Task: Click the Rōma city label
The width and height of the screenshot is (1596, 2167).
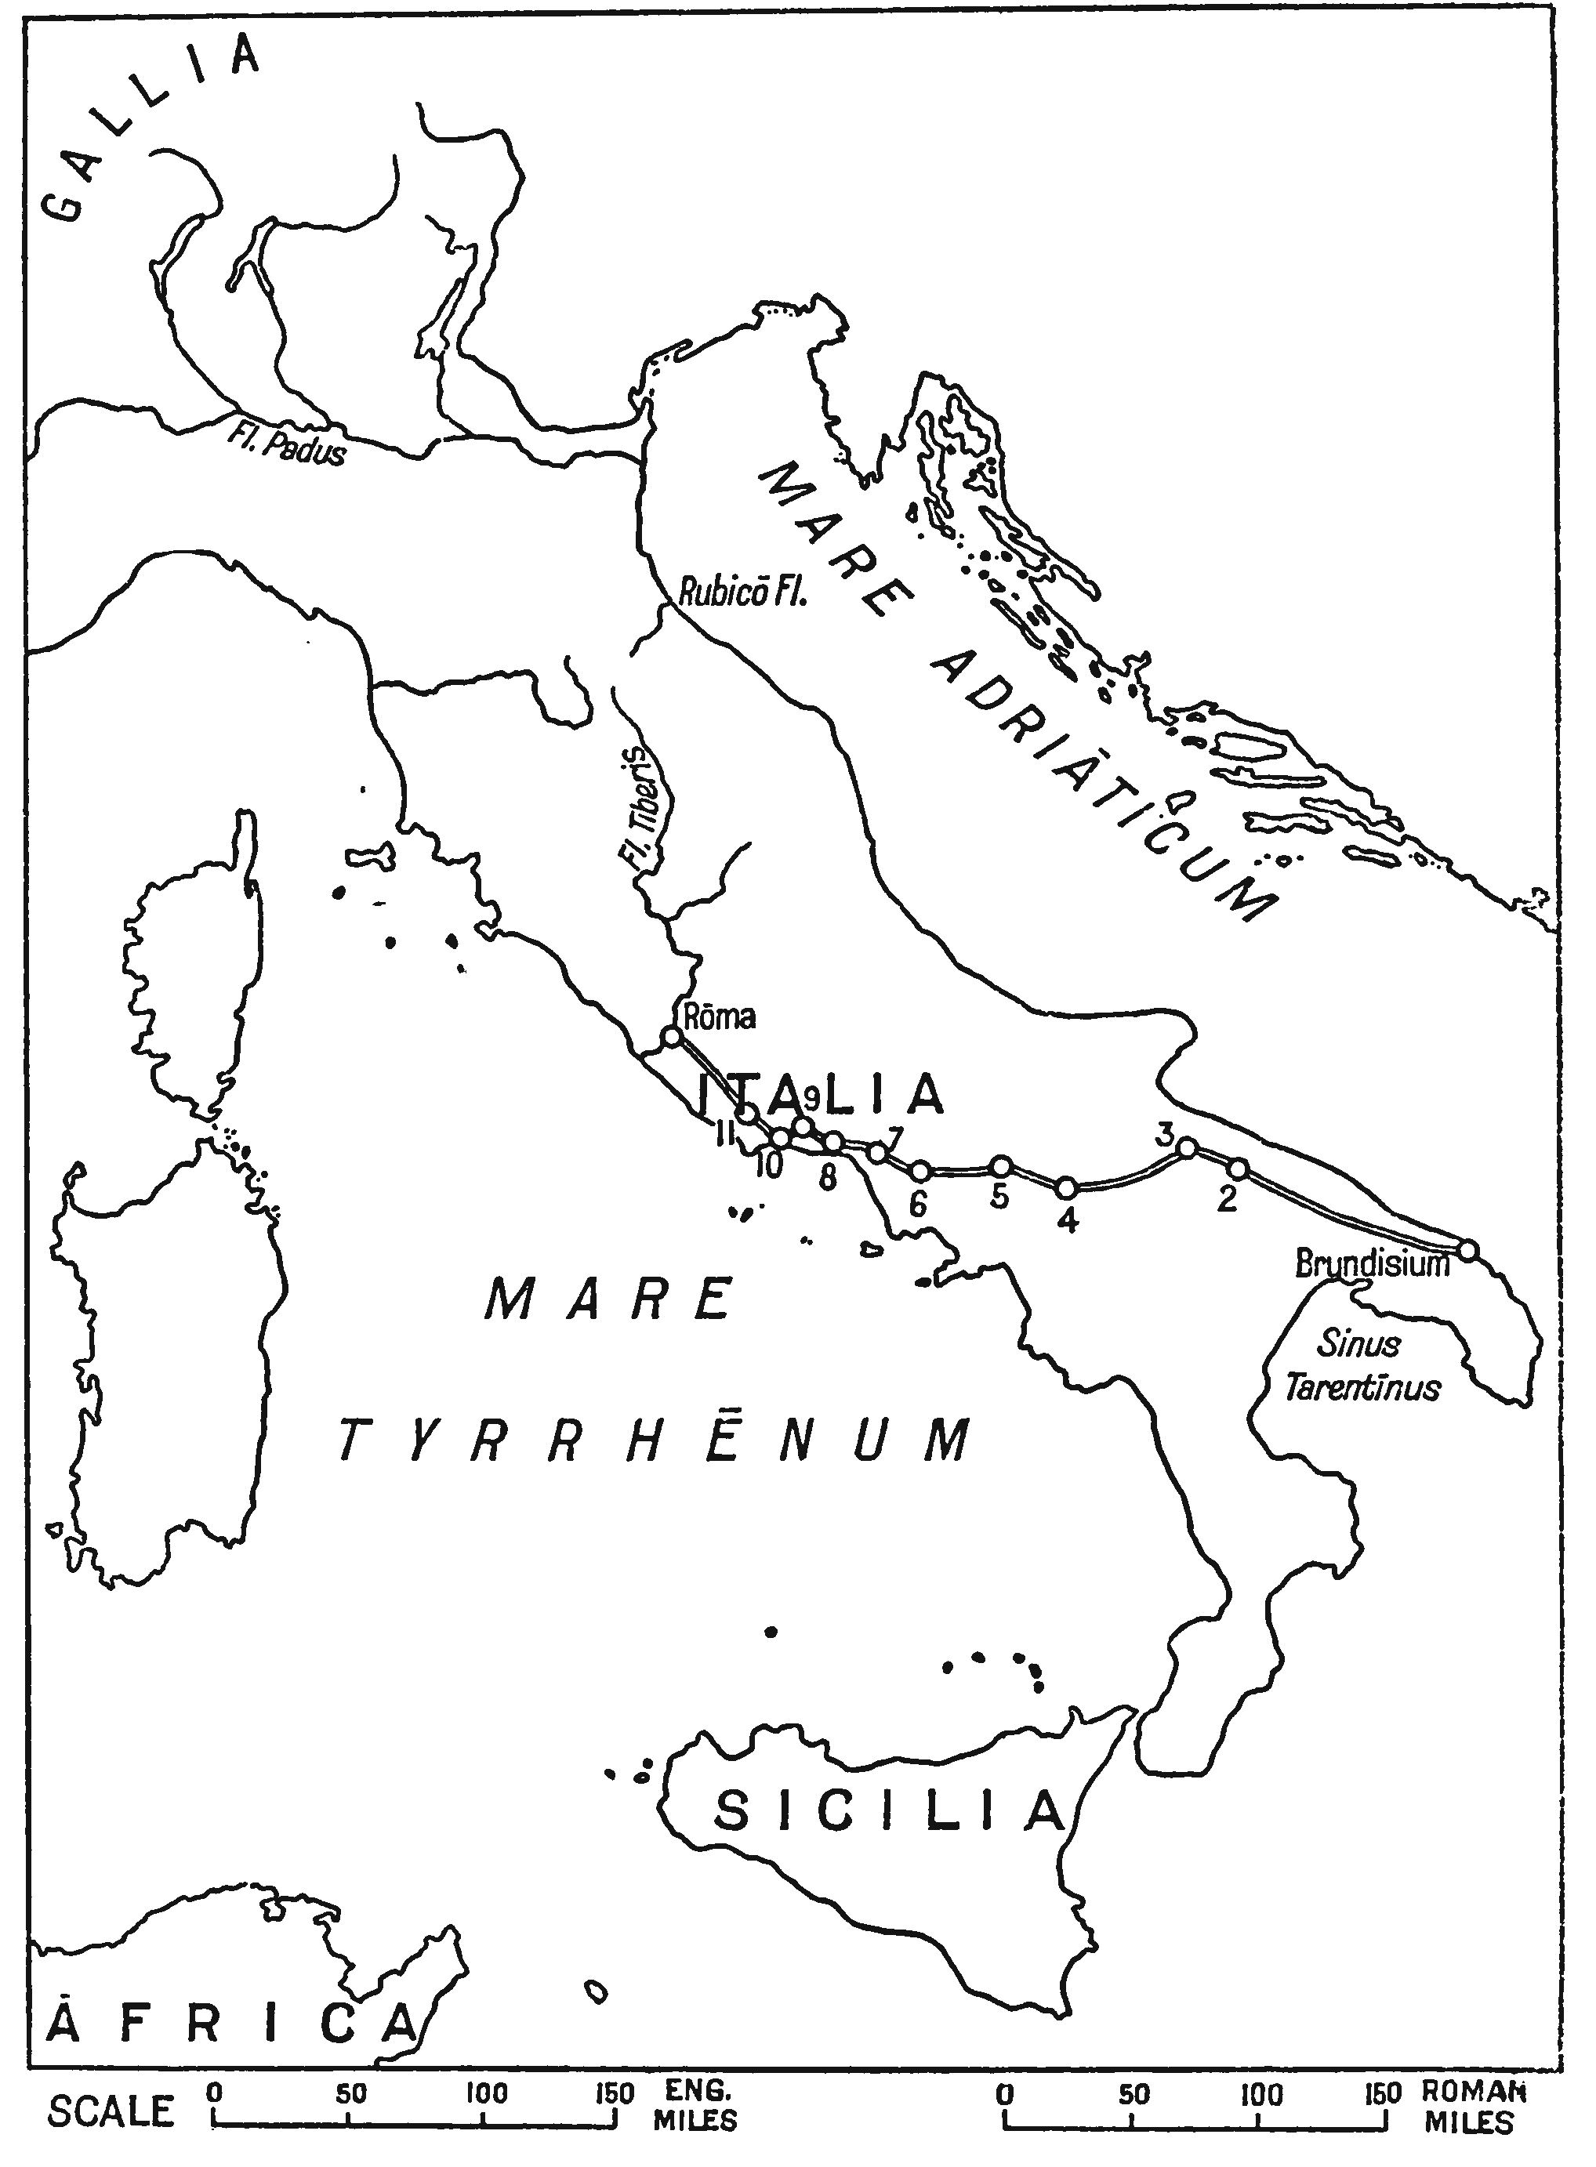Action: coord(719,1016)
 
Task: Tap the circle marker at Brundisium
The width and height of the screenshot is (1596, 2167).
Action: coord(1467,1249)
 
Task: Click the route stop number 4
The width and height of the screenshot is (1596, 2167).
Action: coord(1067,1220)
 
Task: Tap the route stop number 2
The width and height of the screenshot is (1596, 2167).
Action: coord(1226,1199)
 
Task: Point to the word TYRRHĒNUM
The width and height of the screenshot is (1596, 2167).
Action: coord(654,1444)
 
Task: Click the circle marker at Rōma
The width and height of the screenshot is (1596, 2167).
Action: coord(672,1036)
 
